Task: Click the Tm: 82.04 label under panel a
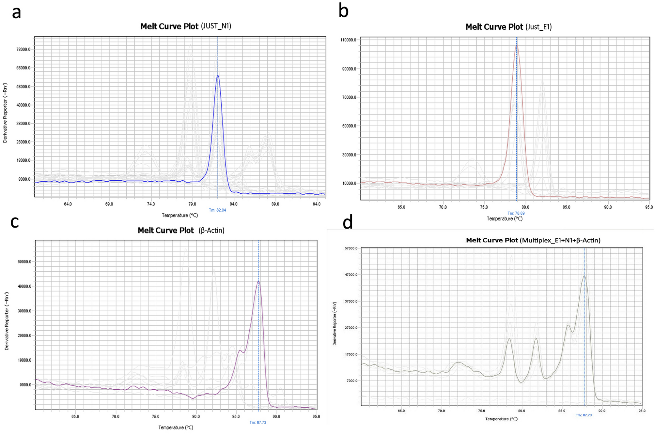(217, 210)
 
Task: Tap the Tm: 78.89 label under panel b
(516, 213)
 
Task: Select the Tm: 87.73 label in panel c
(258, 423)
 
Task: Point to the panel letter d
(348, 223)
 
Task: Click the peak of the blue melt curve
(218, 76)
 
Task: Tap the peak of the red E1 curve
(516, 45)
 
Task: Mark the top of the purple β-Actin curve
(258, 281)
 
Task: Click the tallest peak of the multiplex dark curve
(584, 276)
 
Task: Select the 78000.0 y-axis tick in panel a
(24, 50)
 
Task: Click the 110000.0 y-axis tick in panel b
(348, 40)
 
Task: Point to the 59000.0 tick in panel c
(25, 262)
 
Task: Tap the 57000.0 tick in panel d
(351, 248)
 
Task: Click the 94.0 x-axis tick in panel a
(317, 204)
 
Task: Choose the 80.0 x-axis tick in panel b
(525, 207)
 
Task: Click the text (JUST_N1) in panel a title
(216, 26)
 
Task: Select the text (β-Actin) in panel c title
(211, 231)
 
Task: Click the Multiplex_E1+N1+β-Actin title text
(560, 241)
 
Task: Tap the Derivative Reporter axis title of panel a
(5, 113)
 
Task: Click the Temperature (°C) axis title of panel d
(501, 419)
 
